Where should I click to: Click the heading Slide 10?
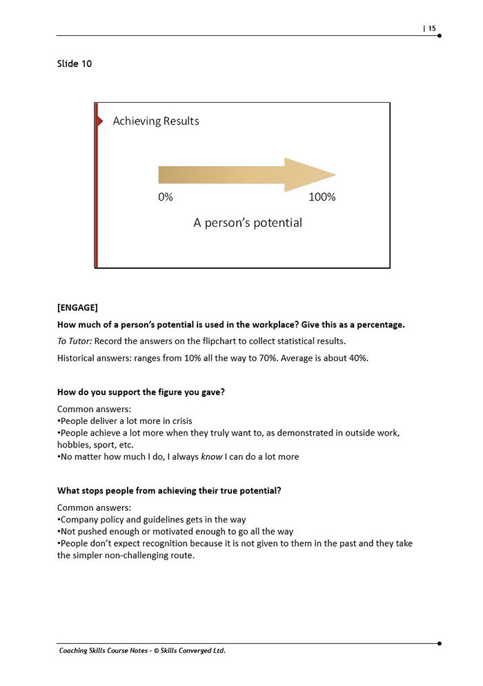click(x=75, y=64)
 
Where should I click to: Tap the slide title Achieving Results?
click(x=156, y=121)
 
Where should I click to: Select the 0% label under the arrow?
click(x=166, y=197)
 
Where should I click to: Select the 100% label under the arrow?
click(x=322, y=197)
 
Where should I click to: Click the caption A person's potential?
click(x=248, y=223)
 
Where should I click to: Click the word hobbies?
click(x=75, y=445)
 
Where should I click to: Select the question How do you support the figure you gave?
click(x=141, y=392)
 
